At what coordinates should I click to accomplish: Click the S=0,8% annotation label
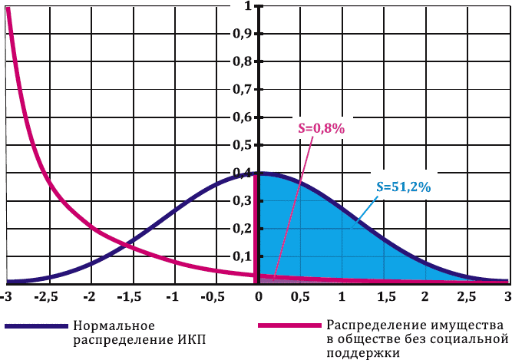[x=321, y=130]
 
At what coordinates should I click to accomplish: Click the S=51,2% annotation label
[x=407, y=186]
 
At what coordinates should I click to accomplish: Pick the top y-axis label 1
[x=247, y=6]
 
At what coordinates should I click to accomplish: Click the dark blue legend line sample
[x=35, y=326]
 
